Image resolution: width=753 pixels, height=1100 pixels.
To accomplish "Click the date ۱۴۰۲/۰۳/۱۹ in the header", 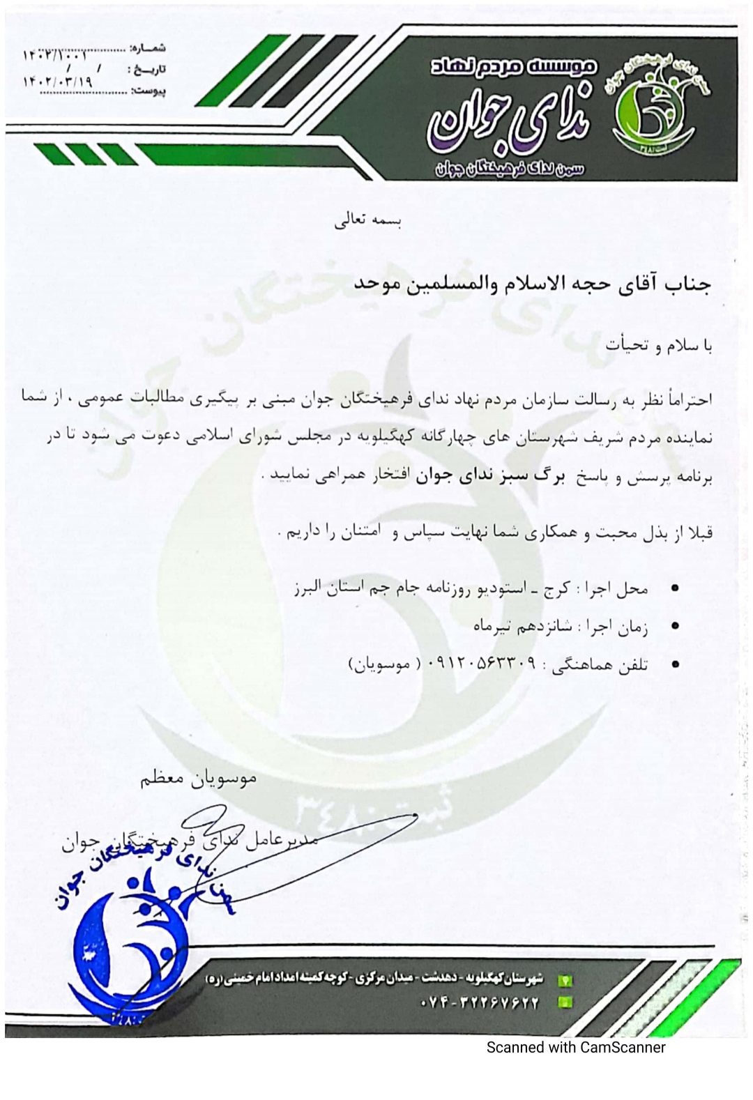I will (x=59, y=82).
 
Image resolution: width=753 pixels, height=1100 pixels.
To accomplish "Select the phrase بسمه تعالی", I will (x=368, y=222).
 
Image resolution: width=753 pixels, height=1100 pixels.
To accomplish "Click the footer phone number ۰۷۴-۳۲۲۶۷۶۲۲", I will (x=480, y=1003).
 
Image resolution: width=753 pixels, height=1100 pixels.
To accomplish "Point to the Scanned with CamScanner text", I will (x=575, y=1047).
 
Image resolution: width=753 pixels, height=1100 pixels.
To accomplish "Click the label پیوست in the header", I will (x=149, y=91).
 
